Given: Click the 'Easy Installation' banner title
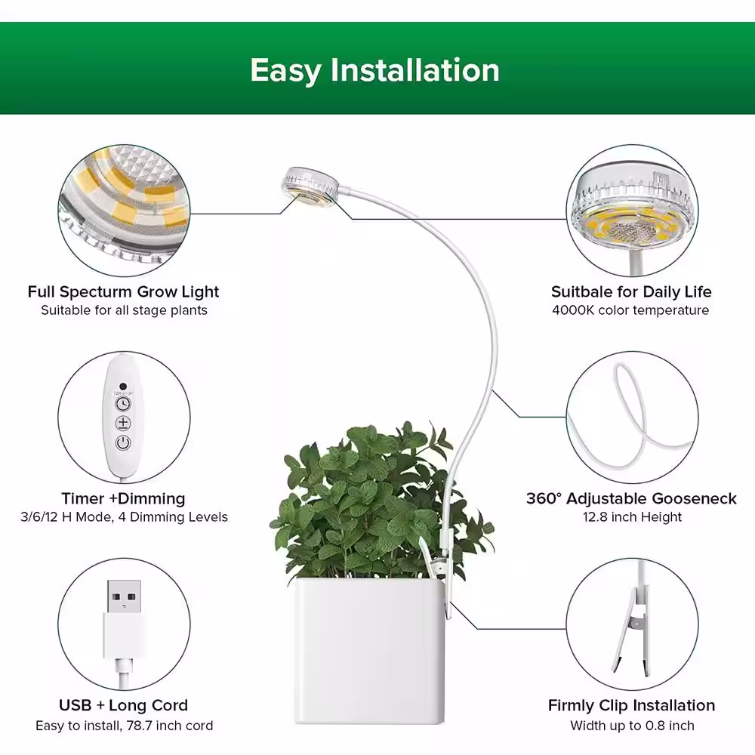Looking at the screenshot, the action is [x=374, y=70].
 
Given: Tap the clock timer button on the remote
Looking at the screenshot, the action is [x=123, y=403].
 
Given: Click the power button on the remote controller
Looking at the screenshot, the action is [x=123, y=442].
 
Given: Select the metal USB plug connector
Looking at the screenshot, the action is [x=124, y=596].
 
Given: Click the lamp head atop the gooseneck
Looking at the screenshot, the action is [x=310, y=187].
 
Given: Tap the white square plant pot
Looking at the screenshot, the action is [x=369, y=651].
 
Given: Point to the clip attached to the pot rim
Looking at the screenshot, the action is [x=438, y=569].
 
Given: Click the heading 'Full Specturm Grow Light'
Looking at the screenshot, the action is [x=123, y=291].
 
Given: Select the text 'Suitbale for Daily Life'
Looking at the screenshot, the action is [x=631, y=291].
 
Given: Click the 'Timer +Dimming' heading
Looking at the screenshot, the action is [x=123, y=498].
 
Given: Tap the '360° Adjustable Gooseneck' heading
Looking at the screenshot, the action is [x=631, y=498].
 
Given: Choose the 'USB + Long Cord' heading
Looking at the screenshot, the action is [x=123, y=705].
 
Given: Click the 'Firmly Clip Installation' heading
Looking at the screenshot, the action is [x=631, y=705].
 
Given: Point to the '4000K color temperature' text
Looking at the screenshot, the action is [x=630, y=310].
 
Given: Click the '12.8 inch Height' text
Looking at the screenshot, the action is [x=632, y=516].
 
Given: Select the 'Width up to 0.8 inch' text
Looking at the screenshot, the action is [x=632, y=726].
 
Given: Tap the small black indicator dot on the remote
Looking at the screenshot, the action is [x=123, y=386].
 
